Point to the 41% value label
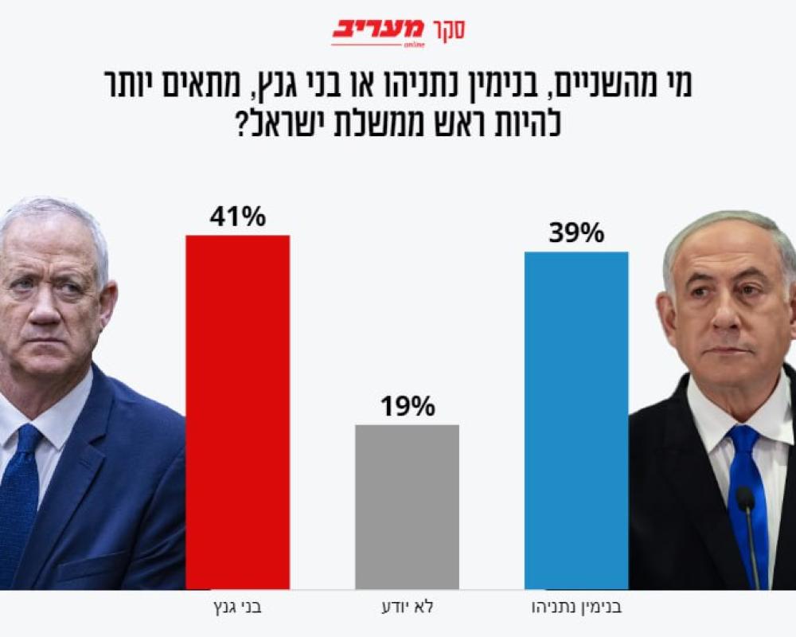237,217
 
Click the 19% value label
407,407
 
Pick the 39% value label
576,233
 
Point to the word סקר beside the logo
448,30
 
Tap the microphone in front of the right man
745,500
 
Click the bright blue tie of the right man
744,478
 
